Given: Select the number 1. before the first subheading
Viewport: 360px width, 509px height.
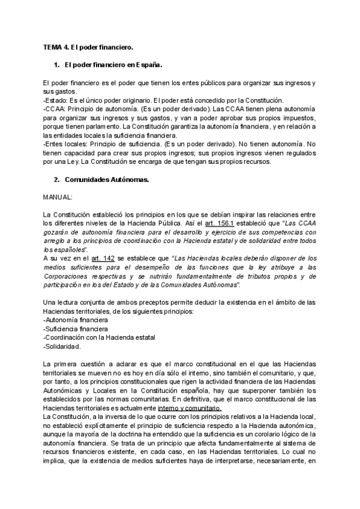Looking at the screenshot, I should pyautogui.click(x=57, y=64).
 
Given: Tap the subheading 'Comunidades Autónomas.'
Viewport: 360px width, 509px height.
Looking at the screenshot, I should pyautogui.click(x=106, y=179).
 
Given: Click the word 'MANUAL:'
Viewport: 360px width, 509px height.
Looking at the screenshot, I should pyautogui.click(x=58, y=197).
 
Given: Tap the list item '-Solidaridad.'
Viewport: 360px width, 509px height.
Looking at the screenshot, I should pyautogui.click(x=62, y=346).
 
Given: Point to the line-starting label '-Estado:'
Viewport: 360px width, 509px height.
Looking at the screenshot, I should pyautogui.click(x=56, y=100).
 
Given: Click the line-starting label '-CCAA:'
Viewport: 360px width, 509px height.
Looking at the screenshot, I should pyautogui.click(x=56, y=109).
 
